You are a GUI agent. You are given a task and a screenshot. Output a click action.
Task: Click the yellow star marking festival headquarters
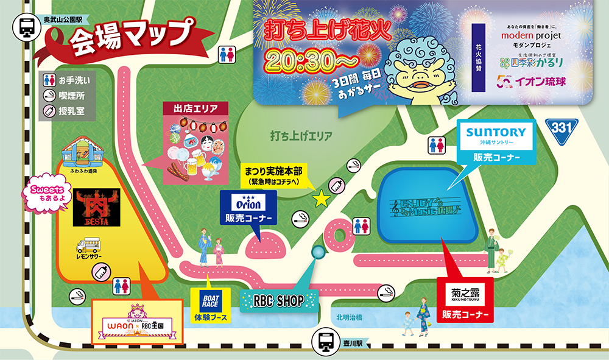320,198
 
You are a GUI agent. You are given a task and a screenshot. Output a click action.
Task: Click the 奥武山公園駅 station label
63,20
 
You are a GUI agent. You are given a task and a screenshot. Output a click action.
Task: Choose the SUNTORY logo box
496,132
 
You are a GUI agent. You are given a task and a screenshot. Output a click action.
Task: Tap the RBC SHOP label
280,300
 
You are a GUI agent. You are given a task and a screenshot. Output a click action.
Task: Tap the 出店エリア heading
195,109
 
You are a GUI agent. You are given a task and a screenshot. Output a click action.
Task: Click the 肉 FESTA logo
96,207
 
